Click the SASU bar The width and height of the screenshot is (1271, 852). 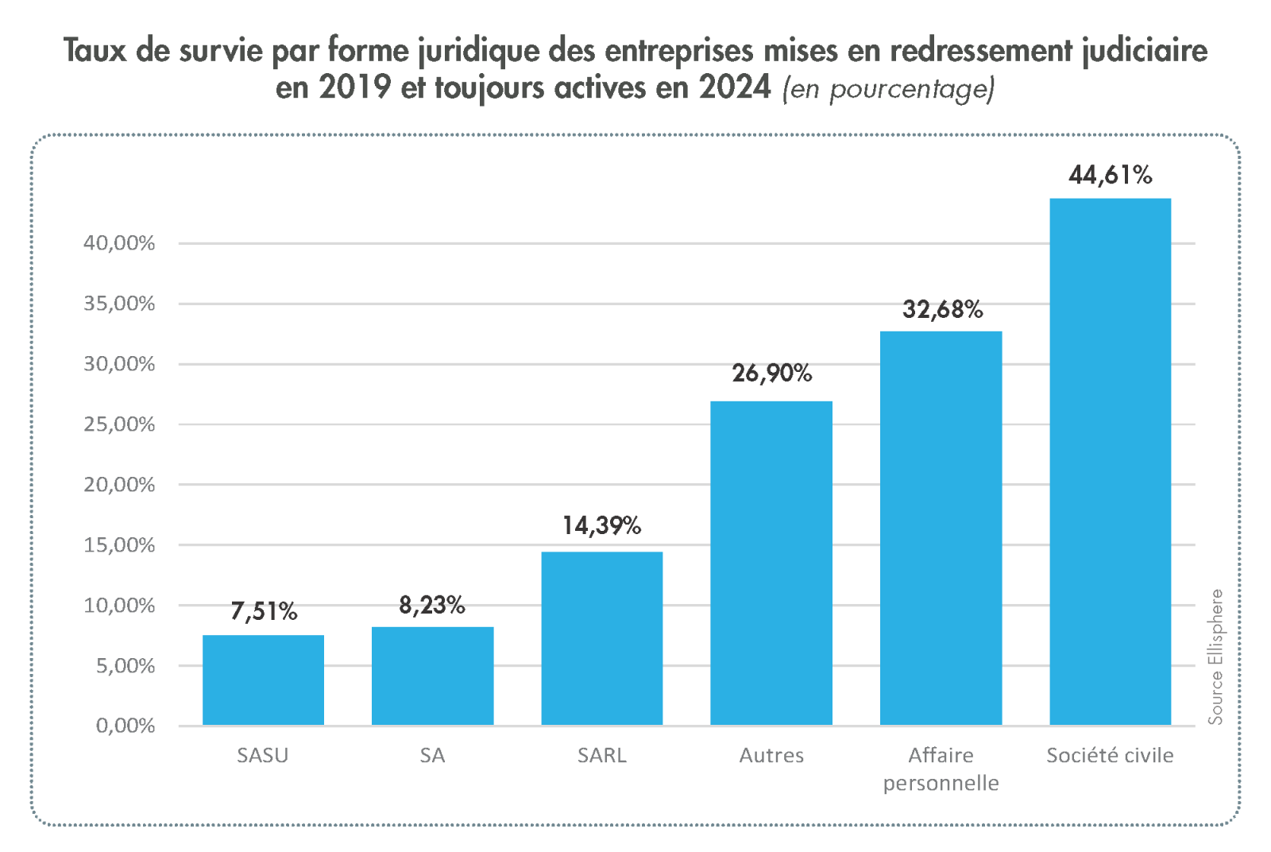[263, 680]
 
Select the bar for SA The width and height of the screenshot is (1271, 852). [432, 676]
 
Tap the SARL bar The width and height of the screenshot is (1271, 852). [601, 638]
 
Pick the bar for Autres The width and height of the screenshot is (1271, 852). [771, 563]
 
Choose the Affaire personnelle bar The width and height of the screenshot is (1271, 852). [941, 528]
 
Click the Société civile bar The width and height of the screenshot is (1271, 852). [1110, 461]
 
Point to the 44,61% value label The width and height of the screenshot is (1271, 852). [1110, 175]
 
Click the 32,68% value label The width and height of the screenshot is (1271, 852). [942, 309]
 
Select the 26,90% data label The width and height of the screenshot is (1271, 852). [771, 373]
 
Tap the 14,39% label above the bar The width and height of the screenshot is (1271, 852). [601, 525]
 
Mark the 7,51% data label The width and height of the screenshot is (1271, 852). [264, 611]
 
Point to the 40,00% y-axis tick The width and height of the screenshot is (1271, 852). [119, 243]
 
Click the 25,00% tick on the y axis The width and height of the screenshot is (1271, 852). [119, 424]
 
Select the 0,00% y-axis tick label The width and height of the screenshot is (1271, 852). [125, 726]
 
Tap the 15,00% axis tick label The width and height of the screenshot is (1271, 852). [119, 545]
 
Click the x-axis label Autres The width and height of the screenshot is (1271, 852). [771, 755]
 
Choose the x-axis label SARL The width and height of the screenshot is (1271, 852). [601, 755]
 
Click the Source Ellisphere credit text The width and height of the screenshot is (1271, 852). [1215, 656]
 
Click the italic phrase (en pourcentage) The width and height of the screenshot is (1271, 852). [888, 89]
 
